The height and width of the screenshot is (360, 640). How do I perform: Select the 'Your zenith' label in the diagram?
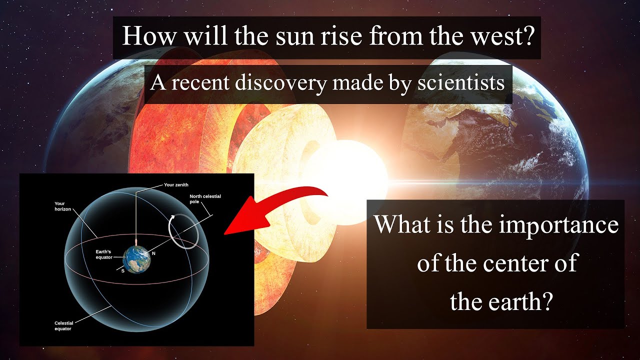click(176, 184)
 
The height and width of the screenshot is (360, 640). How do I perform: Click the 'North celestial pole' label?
click(205, 199)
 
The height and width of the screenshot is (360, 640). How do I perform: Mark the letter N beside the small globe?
click(153, 253)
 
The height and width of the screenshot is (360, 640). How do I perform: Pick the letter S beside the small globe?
click(122, 270)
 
